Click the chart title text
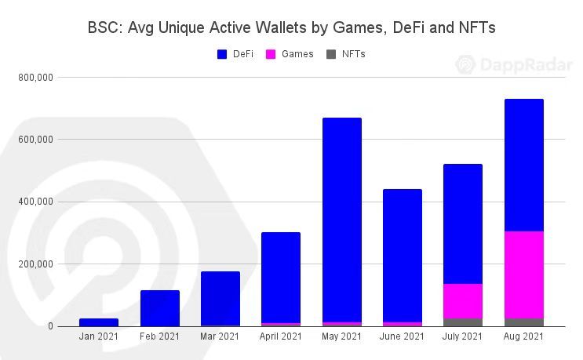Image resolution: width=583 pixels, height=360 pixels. (x=291, y=28)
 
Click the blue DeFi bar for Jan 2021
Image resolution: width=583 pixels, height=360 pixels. (x=99, y=322)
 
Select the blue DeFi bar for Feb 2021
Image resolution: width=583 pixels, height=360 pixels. (x=160, y=308)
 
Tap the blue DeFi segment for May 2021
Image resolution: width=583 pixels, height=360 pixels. (x=342, y=220)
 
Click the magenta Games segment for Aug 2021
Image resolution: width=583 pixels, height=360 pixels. (x=524, y=275)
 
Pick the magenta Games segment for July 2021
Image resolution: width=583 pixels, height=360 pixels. (x=463, y=301)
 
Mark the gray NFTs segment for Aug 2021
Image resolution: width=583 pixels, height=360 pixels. (x=524, y=322)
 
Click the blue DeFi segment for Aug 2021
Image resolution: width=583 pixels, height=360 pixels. (x=524, y=165)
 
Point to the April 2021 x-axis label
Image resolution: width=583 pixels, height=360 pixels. (x=281, y=337)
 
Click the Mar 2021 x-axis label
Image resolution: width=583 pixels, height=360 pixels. (x=220, y=337)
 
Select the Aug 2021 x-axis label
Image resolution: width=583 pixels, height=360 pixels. (x=524, y=337)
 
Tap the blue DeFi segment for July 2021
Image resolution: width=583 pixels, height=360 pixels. (x=463, y=224)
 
